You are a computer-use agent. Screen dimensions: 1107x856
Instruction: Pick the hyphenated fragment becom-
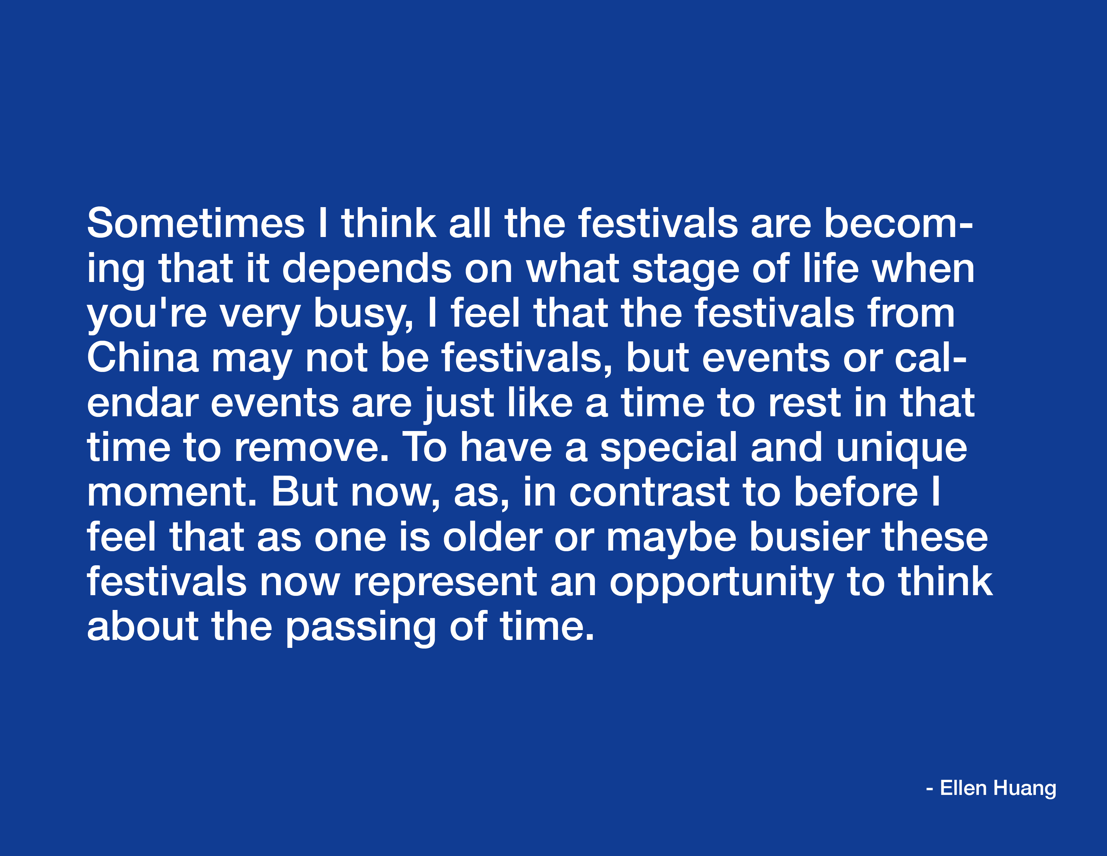click(898, 223)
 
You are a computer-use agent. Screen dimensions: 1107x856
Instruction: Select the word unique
click(902, 448)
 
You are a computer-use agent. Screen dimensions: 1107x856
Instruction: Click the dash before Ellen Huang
click(930, 790)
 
